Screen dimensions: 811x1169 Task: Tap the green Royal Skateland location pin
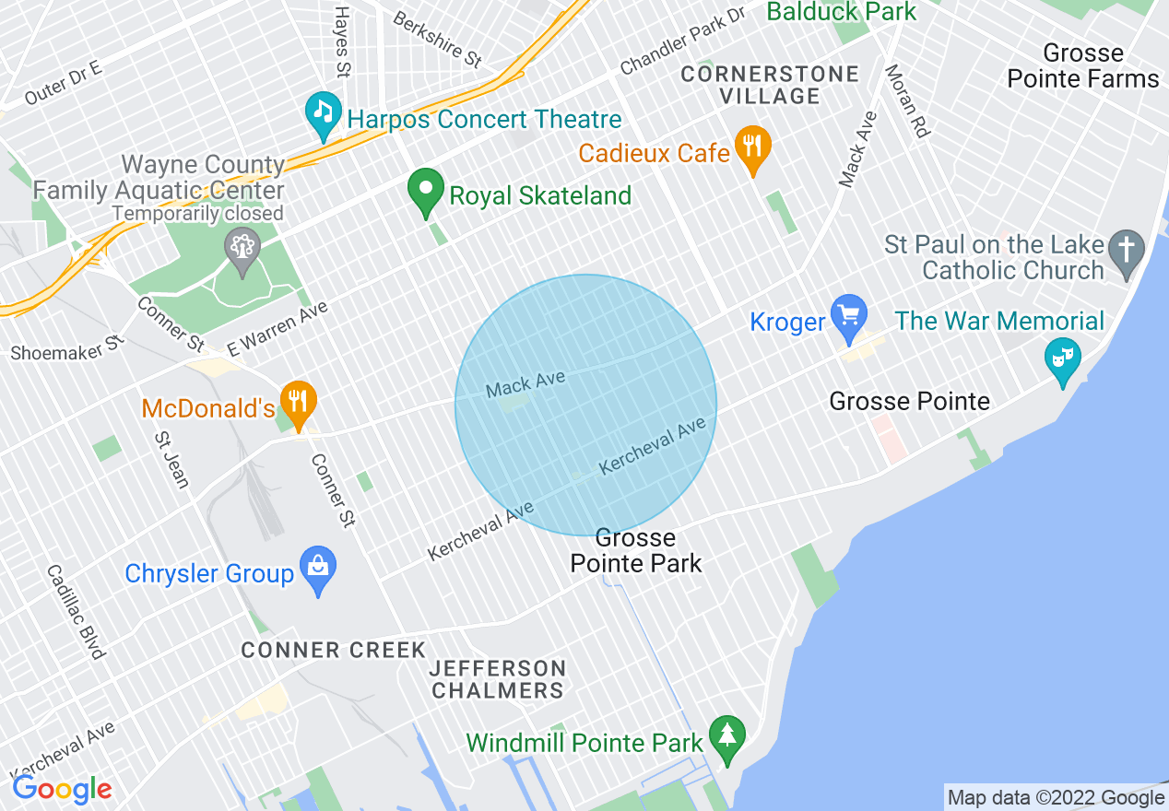(426, 192)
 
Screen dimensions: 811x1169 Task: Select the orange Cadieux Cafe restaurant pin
(753, 147)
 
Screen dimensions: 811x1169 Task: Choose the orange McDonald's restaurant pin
(299, 402)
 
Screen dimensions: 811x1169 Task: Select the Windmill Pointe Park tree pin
(727, 737)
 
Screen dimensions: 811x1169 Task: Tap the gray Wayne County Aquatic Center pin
(242, 249)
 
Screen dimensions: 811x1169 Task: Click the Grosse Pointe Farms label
(1083, 65)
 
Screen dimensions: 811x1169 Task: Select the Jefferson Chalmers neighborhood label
(498, 678)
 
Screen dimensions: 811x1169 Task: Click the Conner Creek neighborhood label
(333, 650)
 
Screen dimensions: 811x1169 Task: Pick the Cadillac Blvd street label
(76, 612)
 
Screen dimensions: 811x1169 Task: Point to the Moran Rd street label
(907, 100)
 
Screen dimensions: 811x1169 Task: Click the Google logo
(62, 789)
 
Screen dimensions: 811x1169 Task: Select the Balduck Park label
(842, 12)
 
